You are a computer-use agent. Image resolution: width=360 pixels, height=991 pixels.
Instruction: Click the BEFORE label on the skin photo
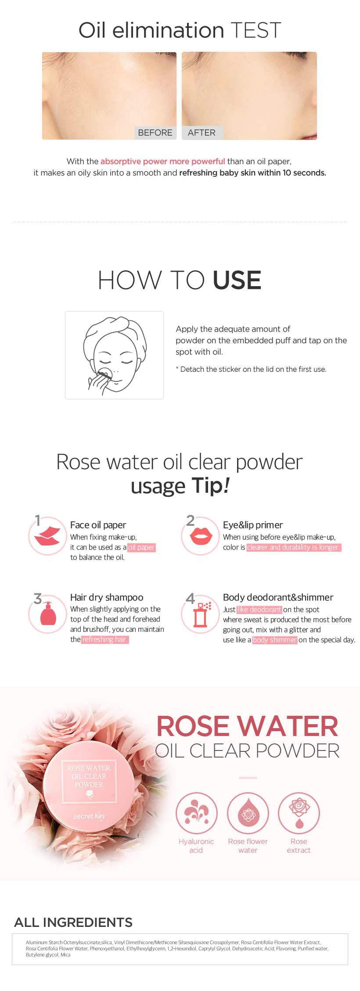click(155, 133)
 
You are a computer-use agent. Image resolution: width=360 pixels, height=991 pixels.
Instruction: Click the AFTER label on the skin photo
click(202, 133)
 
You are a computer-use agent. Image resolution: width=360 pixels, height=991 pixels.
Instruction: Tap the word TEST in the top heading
click(256, 30)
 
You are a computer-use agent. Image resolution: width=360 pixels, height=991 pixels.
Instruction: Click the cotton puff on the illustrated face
click(105, 374)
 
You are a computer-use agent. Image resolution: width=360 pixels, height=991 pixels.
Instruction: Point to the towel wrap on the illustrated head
click(115, 334)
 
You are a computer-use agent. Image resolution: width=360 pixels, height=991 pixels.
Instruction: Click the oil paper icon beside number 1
click(47, 536)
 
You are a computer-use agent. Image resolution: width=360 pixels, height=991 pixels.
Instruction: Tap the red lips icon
click(201, 536)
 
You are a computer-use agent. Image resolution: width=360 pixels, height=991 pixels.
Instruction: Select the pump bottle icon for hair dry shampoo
click(48, 613)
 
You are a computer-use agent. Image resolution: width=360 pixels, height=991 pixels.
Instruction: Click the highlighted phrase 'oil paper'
click(141, 547)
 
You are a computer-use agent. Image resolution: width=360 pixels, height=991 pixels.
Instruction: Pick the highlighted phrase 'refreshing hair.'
click(105, 639)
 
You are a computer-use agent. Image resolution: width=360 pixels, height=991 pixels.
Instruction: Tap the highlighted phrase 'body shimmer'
click(275, 640)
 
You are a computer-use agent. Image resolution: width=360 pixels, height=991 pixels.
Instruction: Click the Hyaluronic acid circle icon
click(197, 813)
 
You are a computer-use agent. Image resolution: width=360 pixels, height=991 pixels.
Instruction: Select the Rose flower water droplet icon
click(248, 813)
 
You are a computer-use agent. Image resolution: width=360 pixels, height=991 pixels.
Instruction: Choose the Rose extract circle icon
click(299, 813)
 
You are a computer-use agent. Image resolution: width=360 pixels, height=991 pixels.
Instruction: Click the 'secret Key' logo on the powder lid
click(90, 816)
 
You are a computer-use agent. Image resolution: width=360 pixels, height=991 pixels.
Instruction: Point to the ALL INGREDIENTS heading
click(73, 922)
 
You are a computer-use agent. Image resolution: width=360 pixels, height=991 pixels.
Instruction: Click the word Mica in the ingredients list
click(65, 955)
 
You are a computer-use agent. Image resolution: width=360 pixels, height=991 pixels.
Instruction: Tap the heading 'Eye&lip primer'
click(253, 525)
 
